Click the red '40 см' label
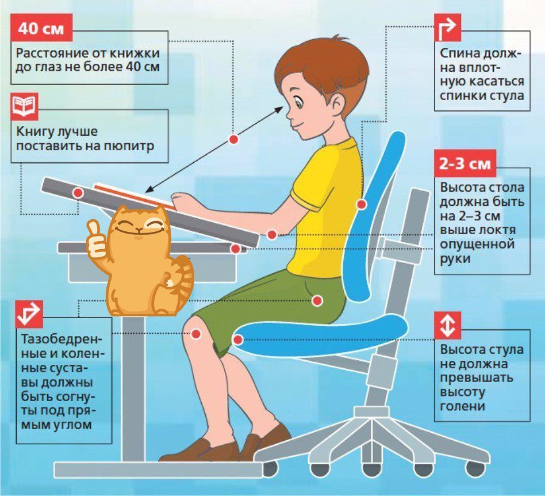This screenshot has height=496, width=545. pos(41,28)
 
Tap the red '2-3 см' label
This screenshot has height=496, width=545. pos(465,163)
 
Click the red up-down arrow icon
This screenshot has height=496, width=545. pos(448,326)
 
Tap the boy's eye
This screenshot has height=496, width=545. pos(298,104)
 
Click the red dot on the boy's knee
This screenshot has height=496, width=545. pos(197,334)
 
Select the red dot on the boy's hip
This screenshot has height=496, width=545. pos(317,300)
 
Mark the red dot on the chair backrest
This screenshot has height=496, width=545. pos(361,204)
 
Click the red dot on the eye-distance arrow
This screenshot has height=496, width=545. pos(233,139)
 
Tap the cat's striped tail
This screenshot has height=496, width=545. pos(182,275)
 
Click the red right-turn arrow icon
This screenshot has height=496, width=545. pos(448,28)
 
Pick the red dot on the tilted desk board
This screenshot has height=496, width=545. pos(78,192)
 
